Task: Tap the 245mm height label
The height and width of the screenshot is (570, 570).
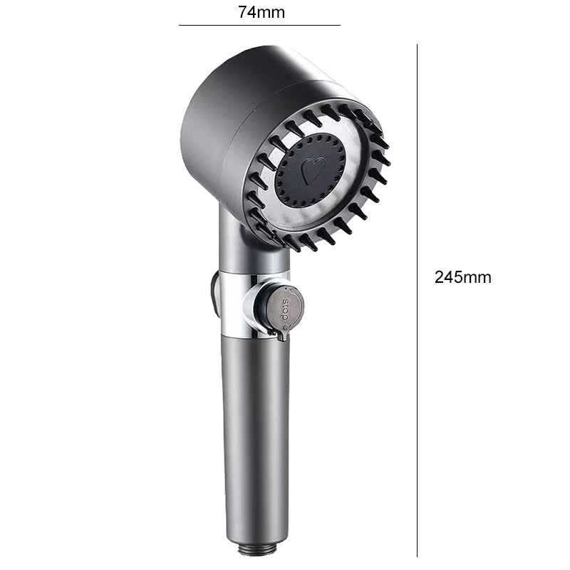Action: click(462, 278)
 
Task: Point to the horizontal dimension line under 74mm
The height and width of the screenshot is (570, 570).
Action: click(259, 26)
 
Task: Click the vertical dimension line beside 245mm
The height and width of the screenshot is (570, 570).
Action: click(417, 299)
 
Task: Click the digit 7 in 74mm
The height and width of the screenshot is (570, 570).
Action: click(242, 11)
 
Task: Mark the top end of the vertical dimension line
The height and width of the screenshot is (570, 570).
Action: click(417, 46)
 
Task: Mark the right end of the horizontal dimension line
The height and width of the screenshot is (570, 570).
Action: click(339, 26)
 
